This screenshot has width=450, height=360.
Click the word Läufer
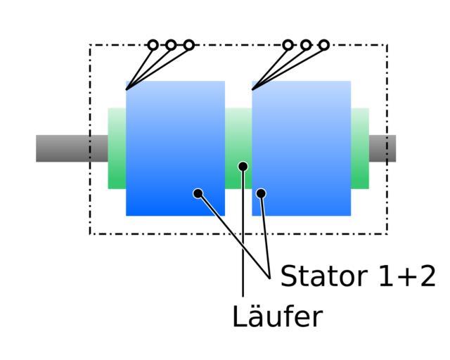click(x=277, y=317)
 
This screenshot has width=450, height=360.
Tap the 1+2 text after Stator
click(x=406, y=276)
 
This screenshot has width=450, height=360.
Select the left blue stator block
click(x=175, y=141)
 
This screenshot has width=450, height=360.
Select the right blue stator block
click(x=302, y=141)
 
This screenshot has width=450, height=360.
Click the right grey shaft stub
click(x=382, y=148)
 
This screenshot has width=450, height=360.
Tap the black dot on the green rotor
click(x=243, y=167)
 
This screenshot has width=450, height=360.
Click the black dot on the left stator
click(x=198, y=193)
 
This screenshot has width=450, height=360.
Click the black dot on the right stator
click(x=261, y=193)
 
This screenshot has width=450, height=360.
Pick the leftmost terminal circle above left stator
click(x=153, y=45)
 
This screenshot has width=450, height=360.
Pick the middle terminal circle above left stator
click(x=171, y=45)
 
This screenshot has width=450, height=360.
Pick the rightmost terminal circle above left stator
click(x=189, y=45)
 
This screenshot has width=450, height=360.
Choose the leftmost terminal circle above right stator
click(x=288, y=45)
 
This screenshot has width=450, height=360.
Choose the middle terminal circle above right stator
click(x=306, y=45)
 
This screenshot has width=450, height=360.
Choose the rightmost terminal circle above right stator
click(x=324, y=45)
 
